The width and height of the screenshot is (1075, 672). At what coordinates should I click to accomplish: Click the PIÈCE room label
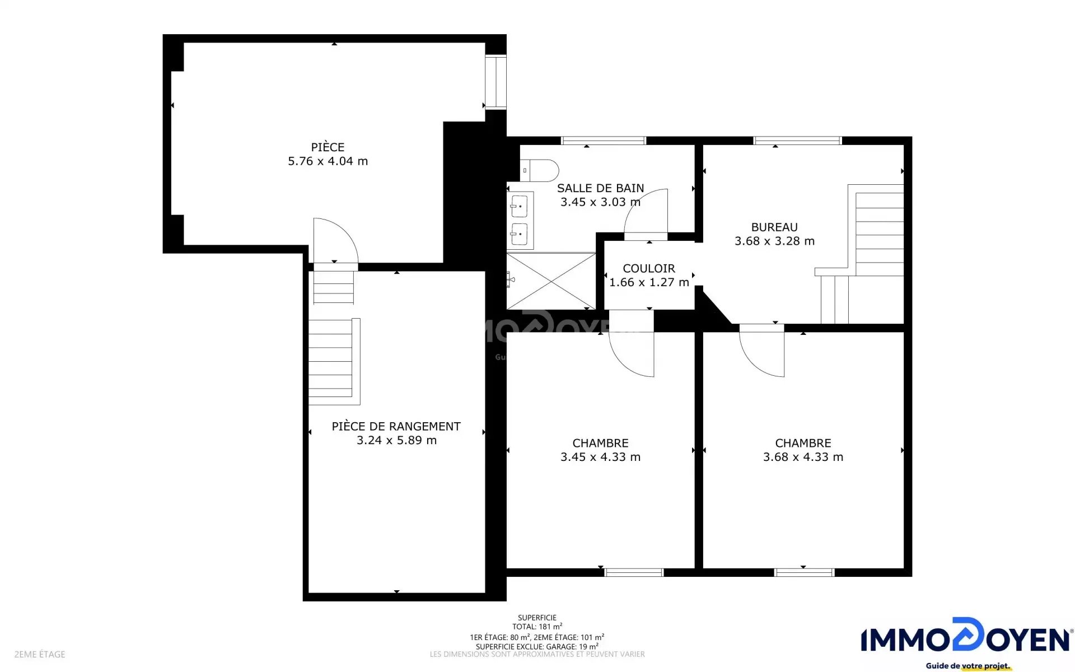[x=328, y=147]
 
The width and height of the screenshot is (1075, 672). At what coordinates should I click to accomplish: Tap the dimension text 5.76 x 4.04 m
[x=328, y=161]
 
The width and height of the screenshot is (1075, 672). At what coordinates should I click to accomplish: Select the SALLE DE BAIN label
[x=600, y=188]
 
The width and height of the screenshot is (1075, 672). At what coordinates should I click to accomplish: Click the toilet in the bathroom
[x=539, y=170]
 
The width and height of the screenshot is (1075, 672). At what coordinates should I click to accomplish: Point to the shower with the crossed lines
[x=551, y=281]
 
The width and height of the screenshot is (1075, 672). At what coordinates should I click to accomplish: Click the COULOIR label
[x=649, y=269]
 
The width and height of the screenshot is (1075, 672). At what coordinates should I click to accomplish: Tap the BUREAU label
[x=774, y=227]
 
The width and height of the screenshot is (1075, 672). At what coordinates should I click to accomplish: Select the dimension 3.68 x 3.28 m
[x=774, y=241]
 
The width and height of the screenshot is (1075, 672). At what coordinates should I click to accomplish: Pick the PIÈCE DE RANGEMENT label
[x=396, y=427]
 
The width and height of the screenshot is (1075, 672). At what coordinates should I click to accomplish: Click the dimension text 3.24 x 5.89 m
[x=396, y=441]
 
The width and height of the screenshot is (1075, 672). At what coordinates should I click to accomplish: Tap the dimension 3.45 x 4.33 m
[x=600, y=457]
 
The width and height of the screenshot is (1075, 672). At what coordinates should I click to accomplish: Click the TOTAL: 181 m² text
[x=537, y=627]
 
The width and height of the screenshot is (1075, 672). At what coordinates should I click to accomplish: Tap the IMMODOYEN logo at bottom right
[x=965, y=643]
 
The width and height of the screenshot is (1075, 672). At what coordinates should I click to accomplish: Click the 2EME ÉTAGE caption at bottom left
[x=40, y=654]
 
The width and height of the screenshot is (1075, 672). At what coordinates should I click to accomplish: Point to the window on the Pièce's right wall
[x=496, y=82]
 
